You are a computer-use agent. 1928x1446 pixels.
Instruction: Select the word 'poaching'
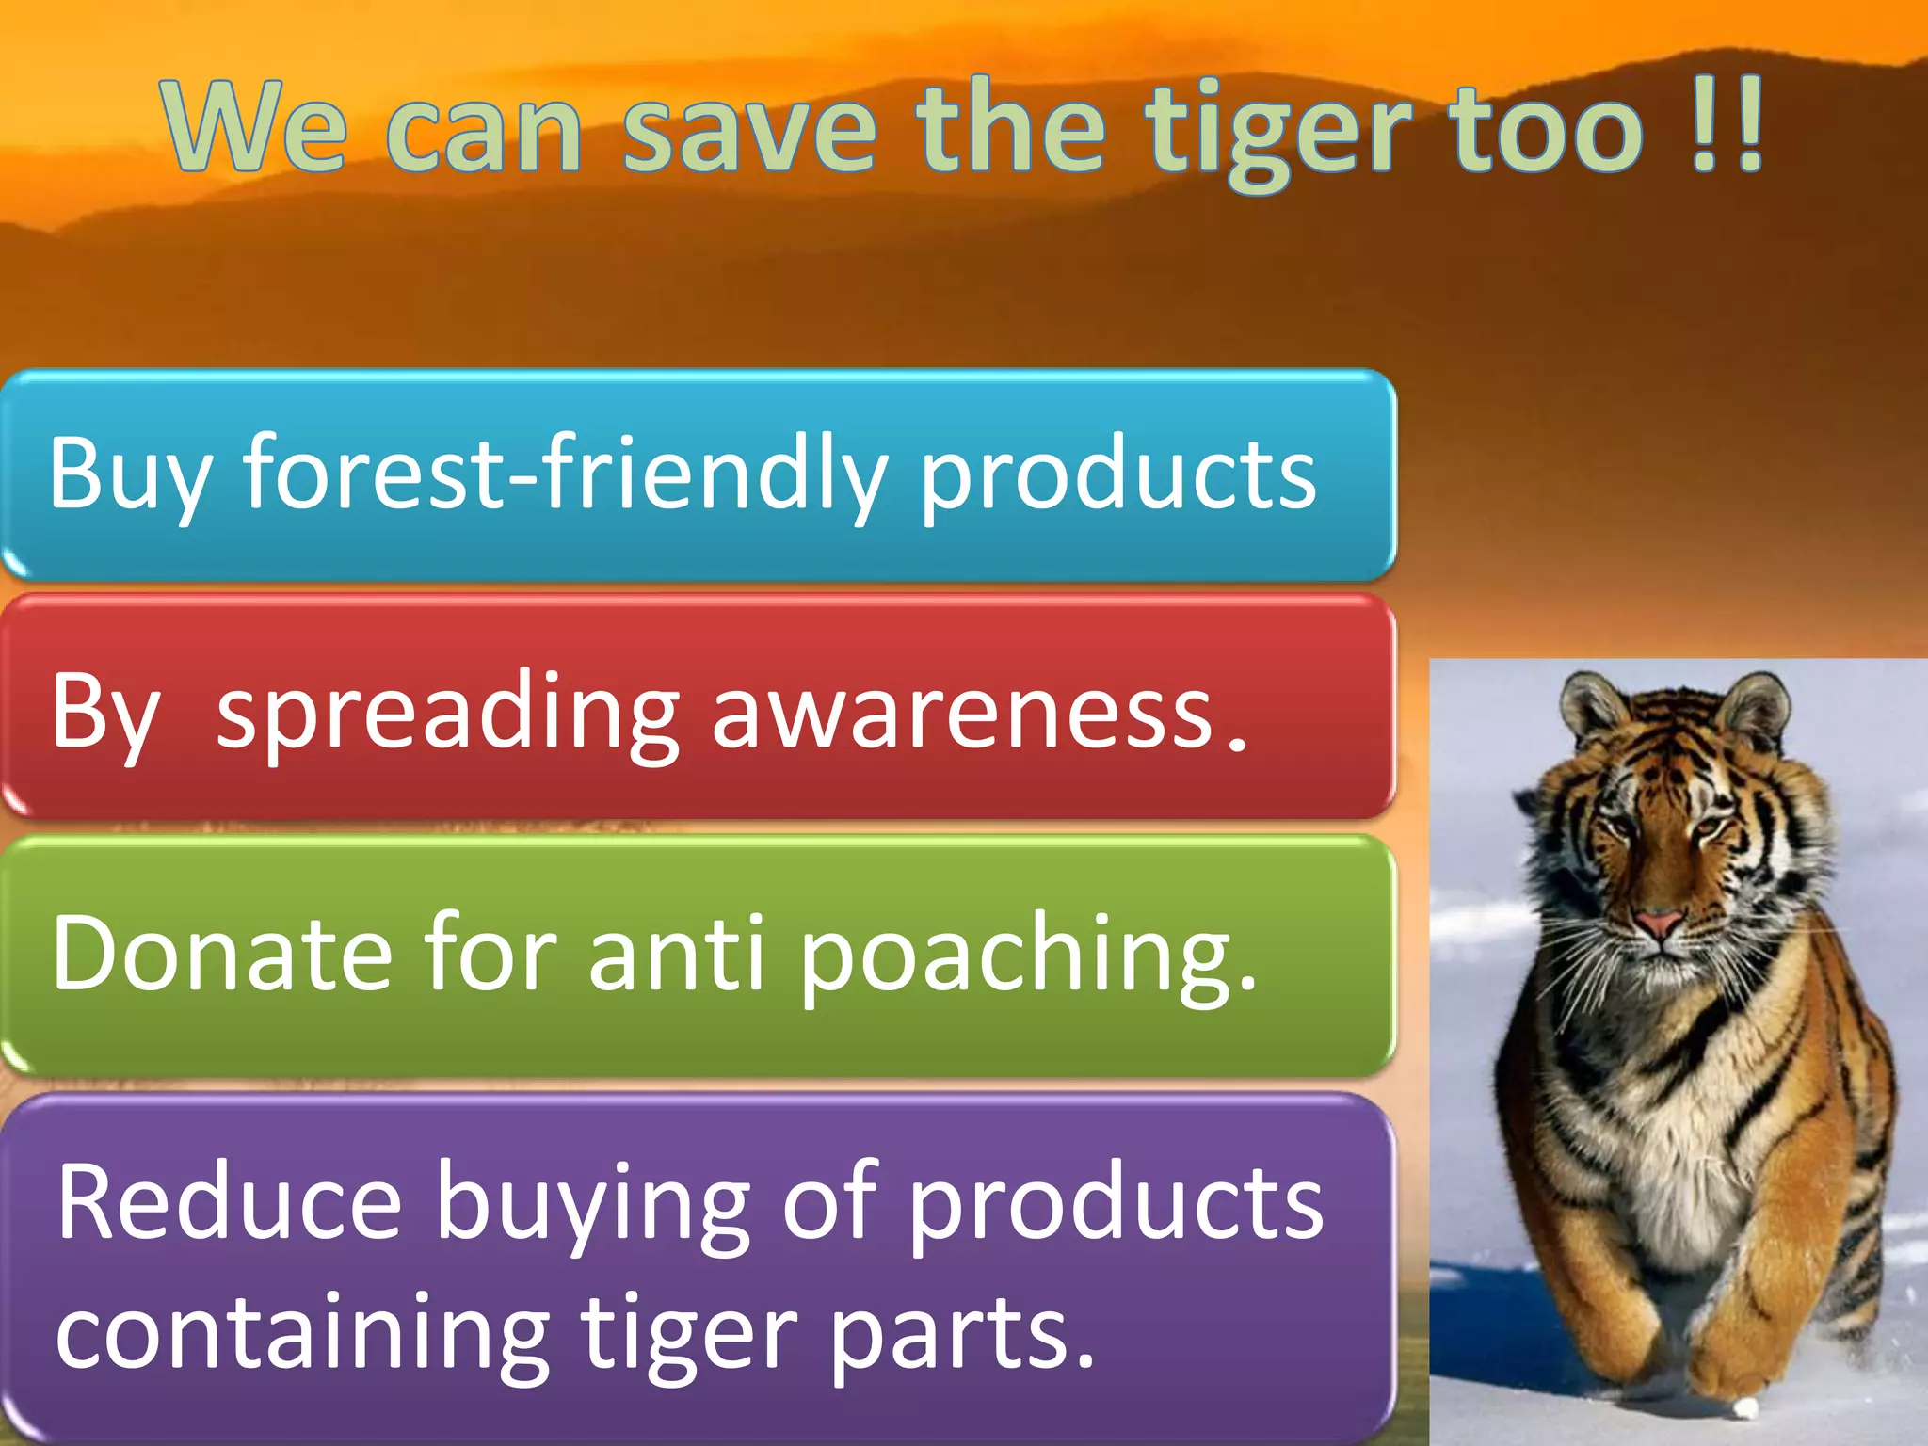[x=1026, y=955]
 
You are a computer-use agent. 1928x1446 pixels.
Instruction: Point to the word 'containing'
[x=301, y=1333]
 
